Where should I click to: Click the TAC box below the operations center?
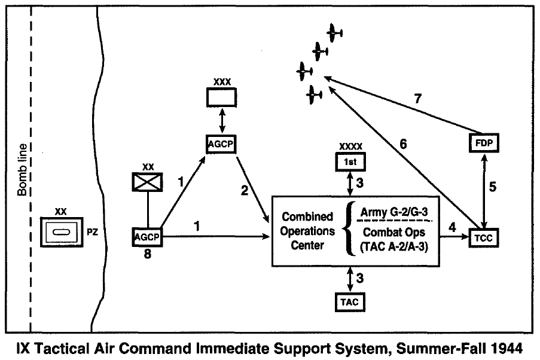click(x=350, y=302)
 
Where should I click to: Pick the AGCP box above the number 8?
click(x=147, y=237)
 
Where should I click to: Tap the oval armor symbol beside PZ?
click(x=60, y=230)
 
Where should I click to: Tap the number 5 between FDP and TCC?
click(x=493, y=186)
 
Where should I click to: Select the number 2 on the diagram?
click(x=244, y=191)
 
